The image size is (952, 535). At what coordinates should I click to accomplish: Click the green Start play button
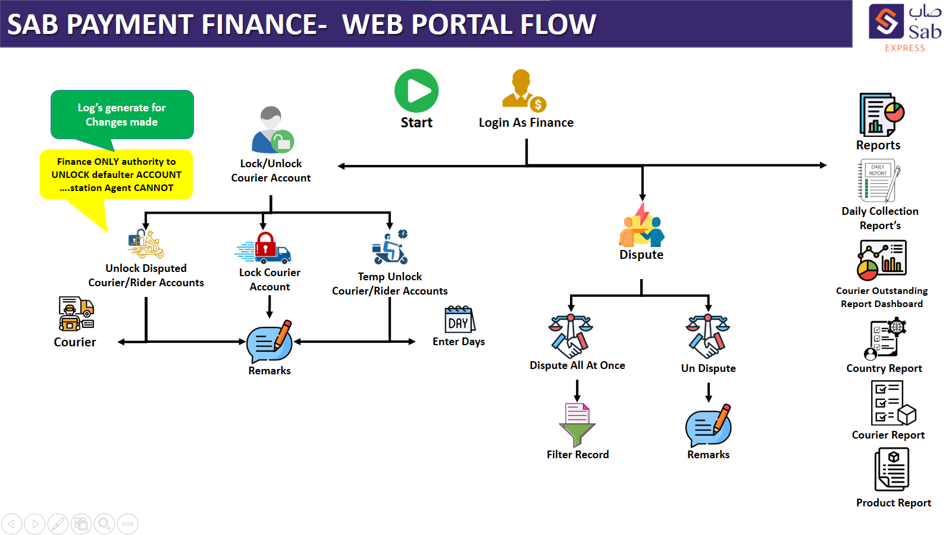416,91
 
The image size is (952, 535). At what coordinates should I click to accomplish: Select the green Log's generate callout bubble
122,115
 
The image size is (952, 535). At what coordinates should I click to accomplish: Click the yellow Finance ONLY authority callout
116,174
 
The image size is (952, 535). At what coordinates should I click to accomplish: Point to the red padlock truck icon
263,248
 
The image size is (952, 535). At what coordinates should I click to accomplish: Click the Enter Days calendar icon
459,319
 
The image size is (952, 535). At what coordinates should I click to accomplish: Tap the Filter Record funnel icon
577,424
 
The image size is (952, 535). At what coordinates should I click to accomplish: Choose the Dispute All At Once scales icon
571,336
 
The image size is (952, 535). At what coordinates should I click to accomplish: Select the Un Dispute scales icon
707,336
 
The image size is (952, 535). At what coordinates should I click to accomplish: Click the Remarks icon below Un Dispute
709,425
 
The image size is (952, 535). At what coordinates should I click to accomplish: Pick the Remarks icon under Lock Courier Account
270,342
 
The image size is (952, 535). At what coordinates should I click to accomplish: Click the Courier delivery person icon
76,314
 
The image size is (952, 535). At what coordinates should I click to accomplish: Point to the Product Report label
893,503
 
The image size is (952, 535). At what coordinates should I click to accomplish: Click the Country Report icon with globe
885,338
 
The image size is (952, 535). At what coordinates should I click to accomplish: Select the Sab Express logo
904,27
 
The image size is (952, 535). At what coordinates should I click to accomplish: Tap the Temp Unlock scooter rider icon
390,248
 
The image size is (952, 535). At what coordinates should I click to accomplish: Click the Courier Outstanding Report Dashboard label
882,297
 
